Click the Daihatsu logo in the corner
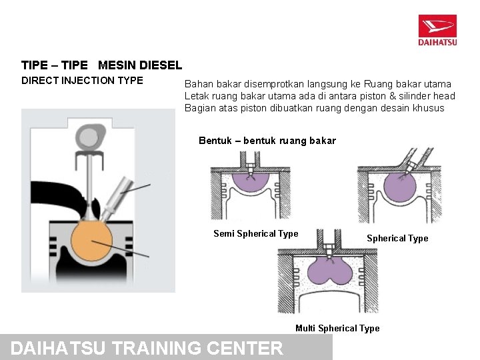point(437,31)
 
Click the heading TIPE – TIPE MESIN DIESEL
point(101,65)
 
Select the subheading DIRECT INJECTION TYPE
point(82,81)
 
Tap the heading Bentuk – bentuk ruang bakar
point(267,141)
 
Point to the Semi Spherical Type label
point(255,233)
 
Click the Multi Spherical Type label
point(337,328)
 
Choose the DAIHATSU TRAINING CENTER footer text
point(147,348)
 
